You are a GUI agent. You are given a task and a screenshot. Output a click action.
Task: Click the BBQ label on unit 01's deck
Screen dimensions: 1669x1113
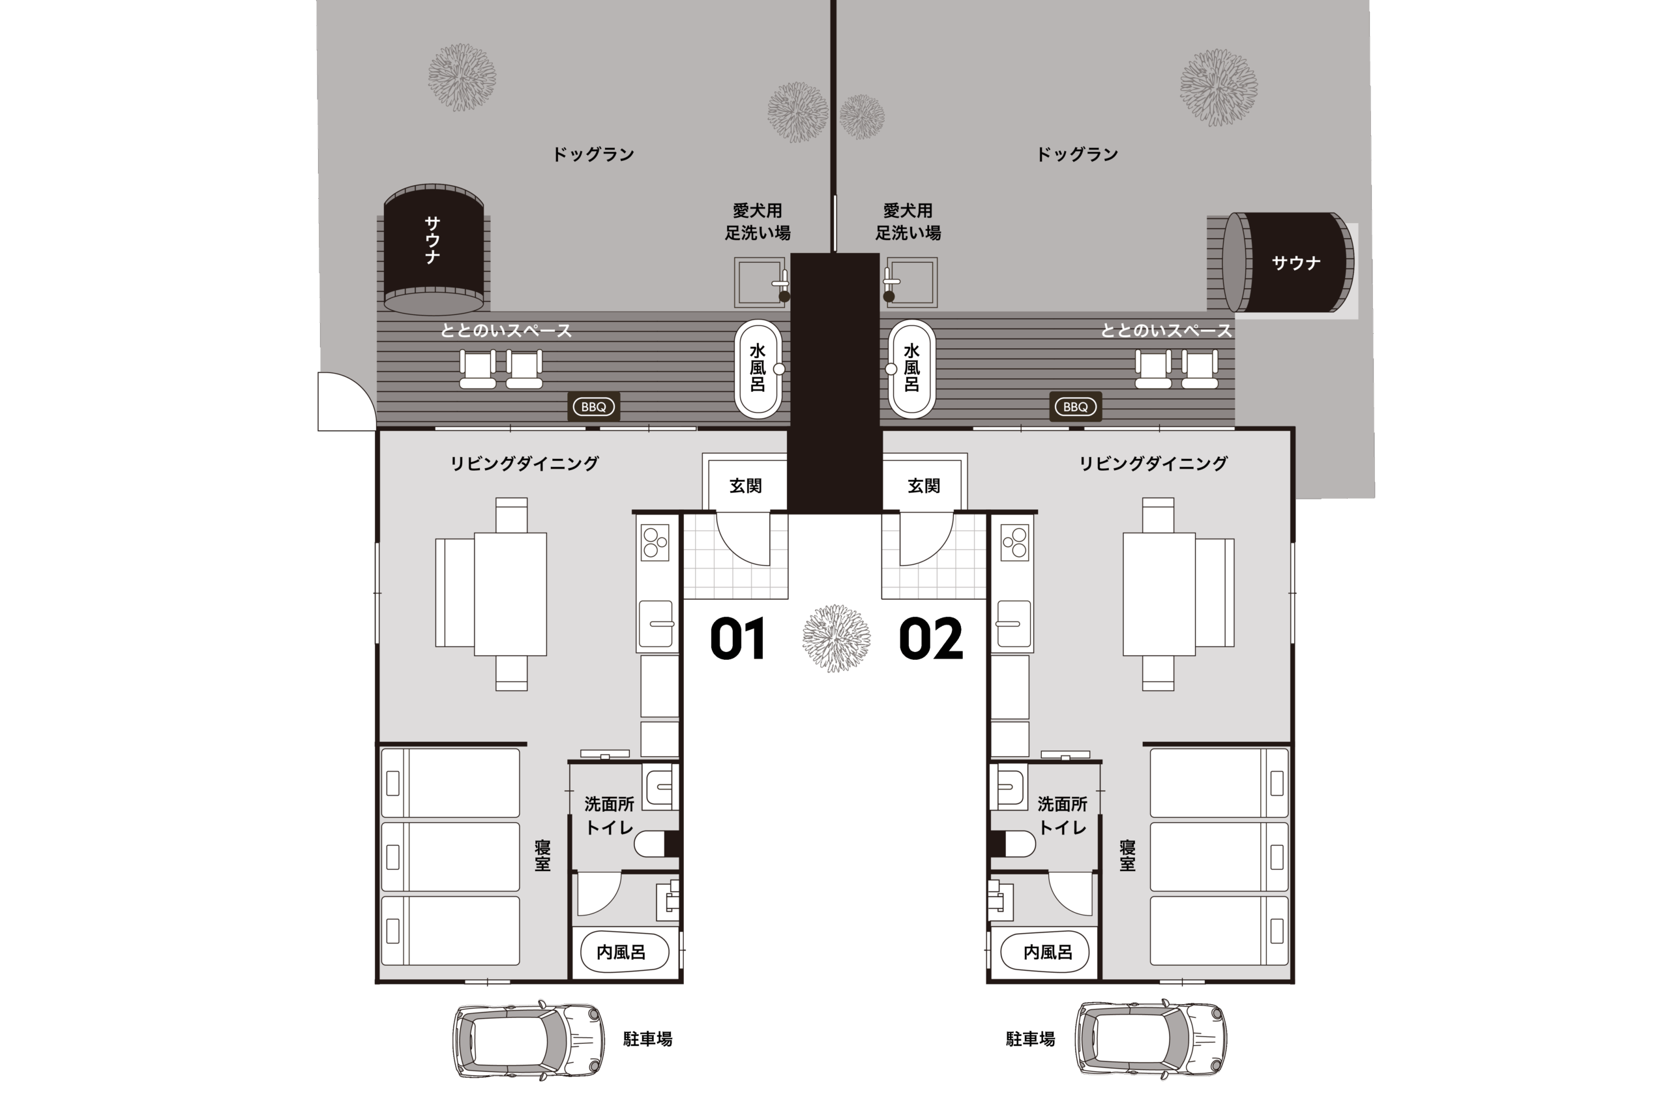[594, 407]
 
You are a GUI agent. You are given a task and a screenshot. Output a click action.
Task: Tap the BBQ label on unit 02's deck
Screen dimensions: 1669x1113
[1076, 407]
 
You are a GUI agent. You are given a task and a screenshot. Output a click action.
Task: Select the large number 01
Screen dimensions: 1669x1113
[738, 638]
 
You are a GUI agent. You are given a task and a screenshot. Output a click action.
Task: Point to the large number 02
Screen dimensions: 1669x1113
[931, 638]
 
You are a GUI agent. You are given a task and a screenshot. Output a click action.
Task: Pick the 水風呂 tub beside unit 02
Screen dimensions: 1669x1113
[911, 369]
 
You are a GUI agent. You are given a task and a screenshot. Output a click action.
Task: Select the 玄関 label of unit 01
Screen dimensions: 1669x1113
[746, 486]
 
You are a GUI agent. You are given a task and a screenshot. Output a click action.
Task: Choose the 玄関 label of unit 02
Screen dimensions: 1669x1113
[924, 486]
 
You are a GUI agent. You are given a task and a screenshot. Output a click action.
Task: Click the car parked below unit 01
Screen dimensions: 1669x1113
[529, 1040]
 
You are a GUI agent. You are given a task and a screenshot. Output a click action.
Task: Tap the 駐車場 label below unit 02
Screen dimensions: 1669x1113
[1030, 1039]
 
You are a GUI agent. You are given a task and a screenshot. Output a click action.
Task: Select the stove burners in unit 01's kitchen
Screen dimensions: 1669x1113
[655, 542]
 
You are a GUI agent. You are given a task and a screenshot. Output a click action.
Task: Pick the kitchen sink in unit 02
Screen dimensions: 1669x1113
[1013, 623]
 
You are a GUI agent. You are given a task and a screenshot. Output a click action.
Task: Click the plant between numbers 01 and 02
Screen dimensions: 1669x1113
[836, 638]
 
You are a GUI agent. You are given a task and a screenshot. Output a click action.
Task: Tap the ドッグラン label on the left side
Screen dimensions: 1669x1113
[593, 154]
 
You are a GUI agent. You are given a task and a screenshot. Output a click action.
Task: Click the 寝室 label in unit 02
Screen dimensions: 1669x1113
[1128, 855]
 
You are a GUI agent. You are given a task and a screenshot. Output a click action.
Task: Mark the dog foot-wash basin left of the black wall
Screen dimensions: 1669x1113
[761, 282]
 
